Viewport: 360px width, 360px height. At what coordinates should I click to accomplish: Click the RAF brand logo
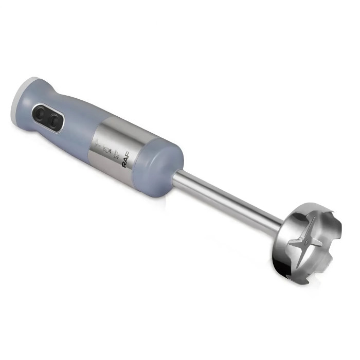coord(127,159)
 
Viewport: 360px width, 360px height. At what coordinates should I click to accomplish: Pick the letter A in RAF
coord(127,159)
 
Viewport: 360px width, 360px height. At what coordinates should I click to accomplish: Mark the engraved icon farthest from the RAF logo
coord(98,144)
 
